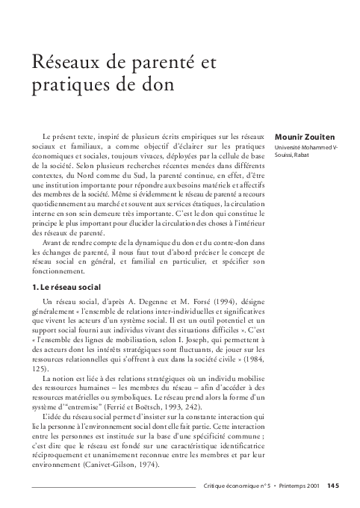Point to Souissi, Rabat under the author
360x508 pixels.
click(293, 156)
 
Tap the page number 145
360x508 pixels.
click(333, 486)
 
